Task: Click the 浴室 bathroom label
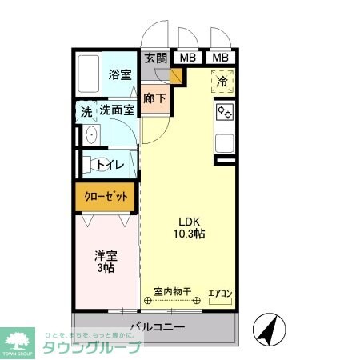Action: [x=120, y=74]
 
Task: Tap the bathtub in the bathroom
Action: [x=90, y=74]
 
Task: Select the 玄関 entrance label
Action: [x=156, y=58]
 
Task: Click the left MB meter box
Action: [x=187, y=58]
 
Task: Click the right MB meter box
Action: [x=220, y=58]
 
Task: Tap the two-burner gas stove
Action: [x=224, y=113]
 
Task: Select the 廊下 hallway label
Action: [x=155, y=99]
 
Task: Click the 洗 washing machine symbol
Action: [x=86, y=111]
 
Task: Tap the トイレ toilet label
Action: [x=109, y=165]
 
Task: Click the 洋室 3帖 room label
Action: [x=106, y=262]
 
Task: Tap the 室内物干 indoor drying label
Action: [x=173, y=292]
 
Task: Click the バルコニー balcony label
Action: [x=157, y=327]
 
